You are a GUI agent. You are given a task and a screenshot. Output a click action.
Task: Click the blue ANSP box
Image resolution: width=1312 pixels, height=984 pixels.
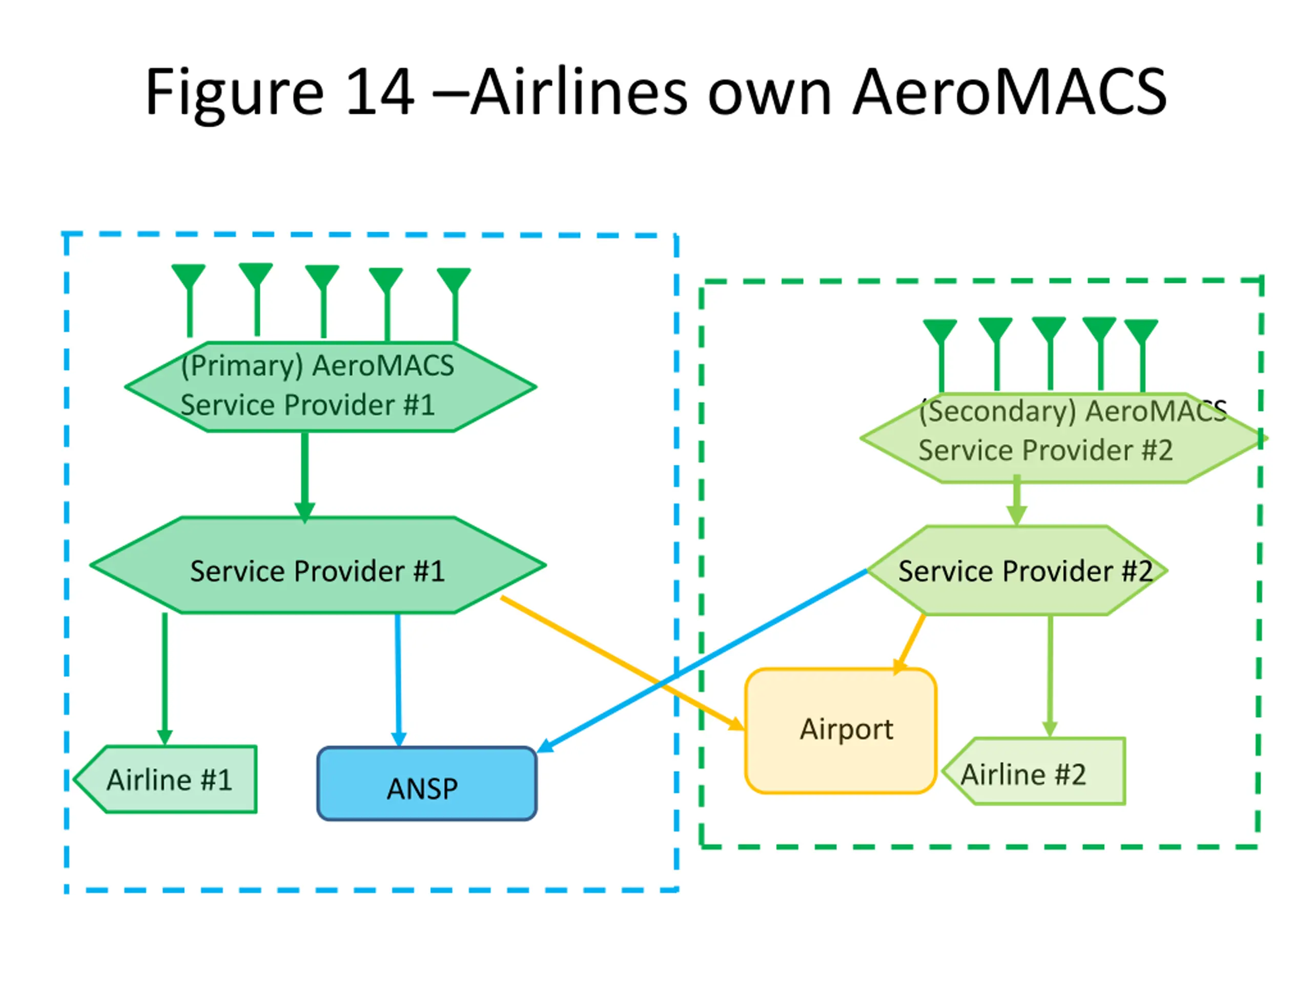click(x=427, y=784)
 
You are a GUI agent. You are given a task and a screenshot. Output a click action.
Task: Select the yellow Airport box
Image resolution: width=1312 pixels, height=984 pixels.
click(x=840, y=731)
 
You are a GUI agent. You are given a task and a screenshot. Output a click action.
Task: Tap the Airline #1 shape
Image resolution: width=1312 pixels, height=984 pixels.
click(x=166, y=779)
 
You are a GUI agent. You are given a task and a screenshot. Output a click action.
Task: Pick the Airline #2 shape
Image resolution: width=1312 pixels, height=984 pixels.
click(x=1034, y=771)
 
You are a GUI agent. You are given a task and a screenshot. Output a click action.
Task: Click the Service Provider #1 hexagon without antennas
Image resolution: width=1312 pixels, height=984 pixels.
click(x=318, y=565)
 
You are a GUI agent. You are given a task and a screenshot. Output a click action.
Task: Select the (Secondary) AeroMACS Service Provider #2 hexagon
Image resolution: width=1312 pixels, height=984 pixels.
click(x=1063, y=438)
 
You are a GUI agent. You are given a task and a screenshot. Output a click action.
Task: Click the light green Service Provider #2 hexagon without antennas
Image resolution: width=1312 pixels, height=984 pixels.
click(x=1017, y=570)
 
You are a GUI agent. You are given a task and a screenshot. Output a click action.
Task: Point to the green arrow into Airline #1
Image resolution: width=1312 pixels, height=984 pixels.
click(x=165, y=679)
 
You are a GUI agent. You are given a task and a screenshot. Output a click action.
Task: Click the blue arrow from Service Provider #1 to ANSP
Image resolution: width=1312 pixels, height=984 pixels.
click(x=398, y=680)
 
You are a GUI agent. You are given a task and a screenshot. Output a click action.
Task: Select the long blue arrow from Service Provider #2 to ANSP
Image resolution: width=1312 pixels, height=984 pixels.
click(x=702, y=661)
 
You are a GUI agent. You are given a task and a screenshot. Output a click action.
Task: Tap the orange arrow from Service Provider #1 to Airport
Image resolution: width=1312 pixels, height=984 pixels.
click(x=623, y=663)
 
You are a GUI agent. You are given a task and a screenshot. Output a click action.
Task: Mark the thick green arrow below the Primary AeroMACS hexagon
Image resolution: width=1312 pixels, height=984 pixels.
click(x=305, y=477)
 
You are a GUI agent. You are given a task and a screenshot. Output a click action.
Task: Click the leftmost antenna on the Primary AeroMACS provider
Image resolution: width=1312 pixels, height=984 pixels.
click(x=189, y=300)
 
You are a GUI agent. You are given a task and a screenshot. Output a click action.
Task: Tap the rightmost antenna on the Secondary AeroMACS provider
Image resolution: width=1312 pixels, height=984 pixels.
click(x=1142, y=355)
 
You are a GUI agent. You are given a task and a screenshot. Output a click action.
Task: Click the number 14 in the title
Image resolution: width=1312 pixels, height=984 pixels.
click(x=380, y=92)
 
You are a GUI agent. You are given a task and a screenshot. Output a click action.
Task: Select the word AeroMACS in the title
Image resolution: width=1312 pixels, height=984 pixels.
click(x=1010, y=92)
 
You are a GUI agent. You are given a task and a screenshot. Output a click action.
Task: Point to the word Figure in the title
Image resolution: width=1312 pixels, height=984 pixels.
click(x=235, y=95)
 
